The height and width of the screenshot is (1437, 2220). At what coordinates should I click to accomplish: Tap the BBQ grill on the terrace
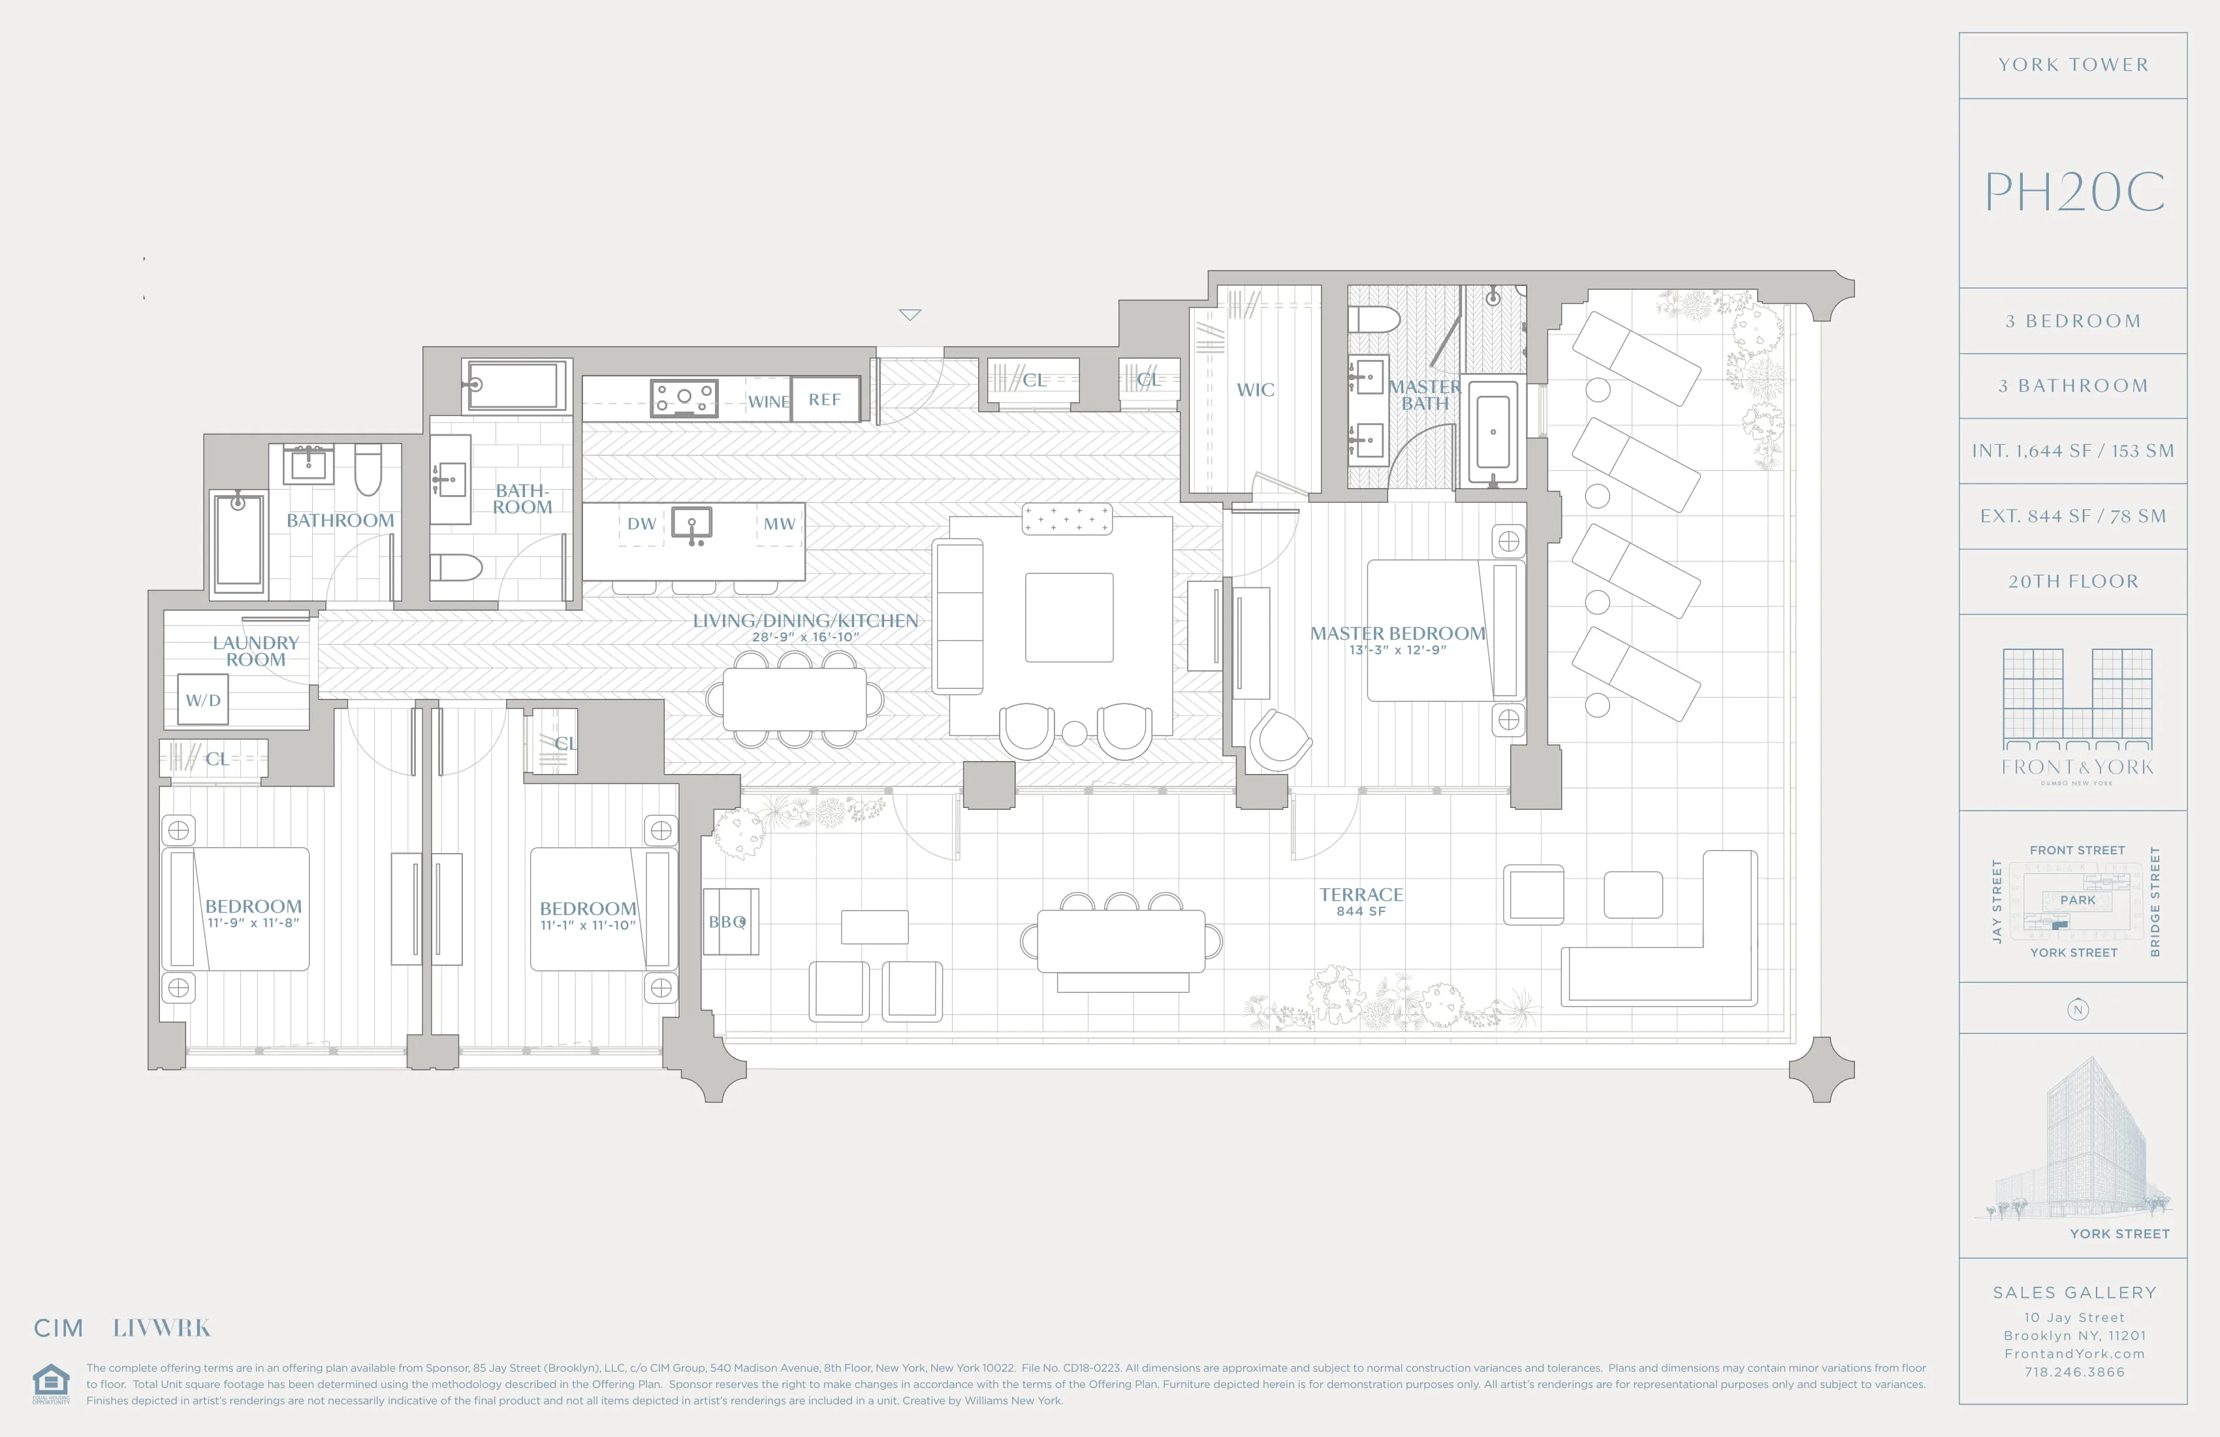[729, 922]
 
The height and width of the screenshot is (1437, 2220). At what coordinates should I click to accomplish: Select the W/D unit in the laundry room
[203, 700]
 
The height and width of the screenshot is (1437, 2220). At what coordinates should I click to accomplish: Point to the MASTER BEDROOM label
[1397, 634]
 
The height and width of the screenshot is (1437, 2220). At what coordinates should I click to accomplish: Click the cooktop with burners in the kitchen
[685, 398]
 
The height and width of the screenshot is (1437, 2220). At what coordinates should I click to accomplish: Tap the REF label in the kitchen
[825, 399]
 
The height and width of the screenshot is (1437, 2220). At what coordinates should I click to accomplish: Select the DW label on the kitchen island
[642, 523]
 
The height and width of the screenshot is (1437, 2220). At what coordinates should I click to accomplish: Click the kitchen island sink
[692, 523]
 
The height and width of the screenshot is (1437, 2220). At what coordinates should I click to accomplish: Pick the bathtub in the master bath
[1493, 432]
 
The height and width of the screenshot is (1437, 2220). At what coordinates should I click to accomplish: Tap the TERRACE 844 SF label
[1361, 901]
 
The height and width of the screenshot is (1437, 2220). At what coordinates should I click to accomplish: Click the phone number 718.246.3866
[2074, 1372]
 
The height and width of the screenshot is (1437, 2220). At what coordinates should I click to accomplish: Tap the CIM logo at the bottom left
[59, 1328]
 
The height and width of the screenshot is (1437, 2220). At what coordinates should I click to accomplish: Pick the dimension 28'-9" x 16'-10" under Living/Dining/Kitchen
[805, 638]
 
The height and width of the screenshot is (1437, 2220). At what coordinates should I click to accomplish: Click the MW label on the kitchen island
[779, 523]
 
